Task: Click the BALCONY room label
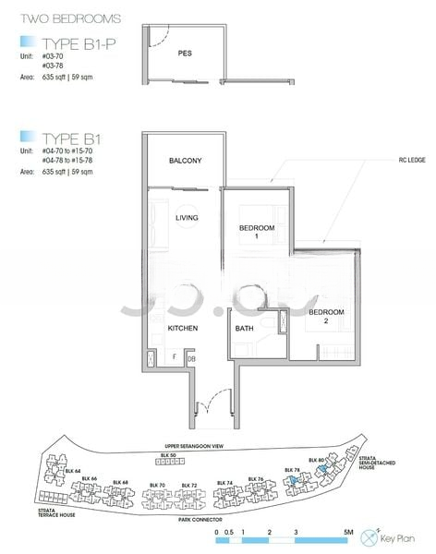[185, 161]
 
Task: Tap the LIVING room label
[187, 218]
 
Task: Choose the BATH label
[244, 328]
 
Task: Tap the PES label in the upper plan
[185, 53]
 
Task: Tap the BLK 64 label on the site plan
[73, 471]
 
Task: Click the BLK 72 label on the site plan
[188, 485]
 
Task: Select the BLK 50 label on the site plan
[167, 455]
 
